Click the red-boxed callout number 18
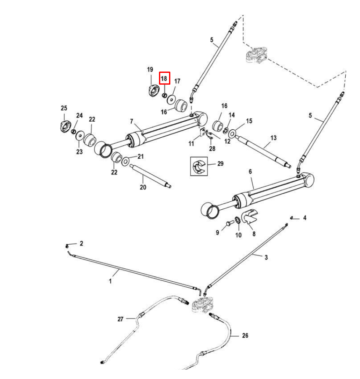tap(164, 78)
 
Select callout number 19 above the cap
tap(150, 69)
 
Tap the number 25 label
tap(64, 108)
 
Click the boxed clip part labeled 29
tap(199, 166)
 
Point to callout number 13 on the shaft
tap(274, 138)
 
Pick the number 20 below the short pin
tap(143, 187)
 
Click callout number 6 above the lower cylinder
tap(250, 172)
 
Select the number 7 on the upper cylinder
tap(132, 121)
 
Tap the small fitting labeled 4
tap(291, 218)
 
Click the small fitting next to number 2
tap(67, 246)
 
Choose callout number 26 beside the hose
tap(245, 336)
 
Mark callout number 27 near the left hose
tap(120, 319)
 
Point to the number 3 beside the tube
tap(266, 257)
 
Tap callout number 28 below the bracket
tap(212, 149)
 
